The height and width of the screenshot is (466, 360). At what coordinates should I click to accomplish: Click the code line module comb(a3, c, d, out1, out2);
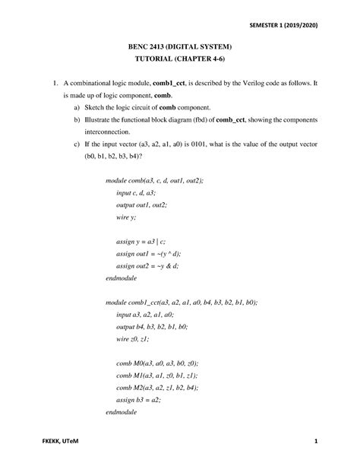click(x=154, y=180)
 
